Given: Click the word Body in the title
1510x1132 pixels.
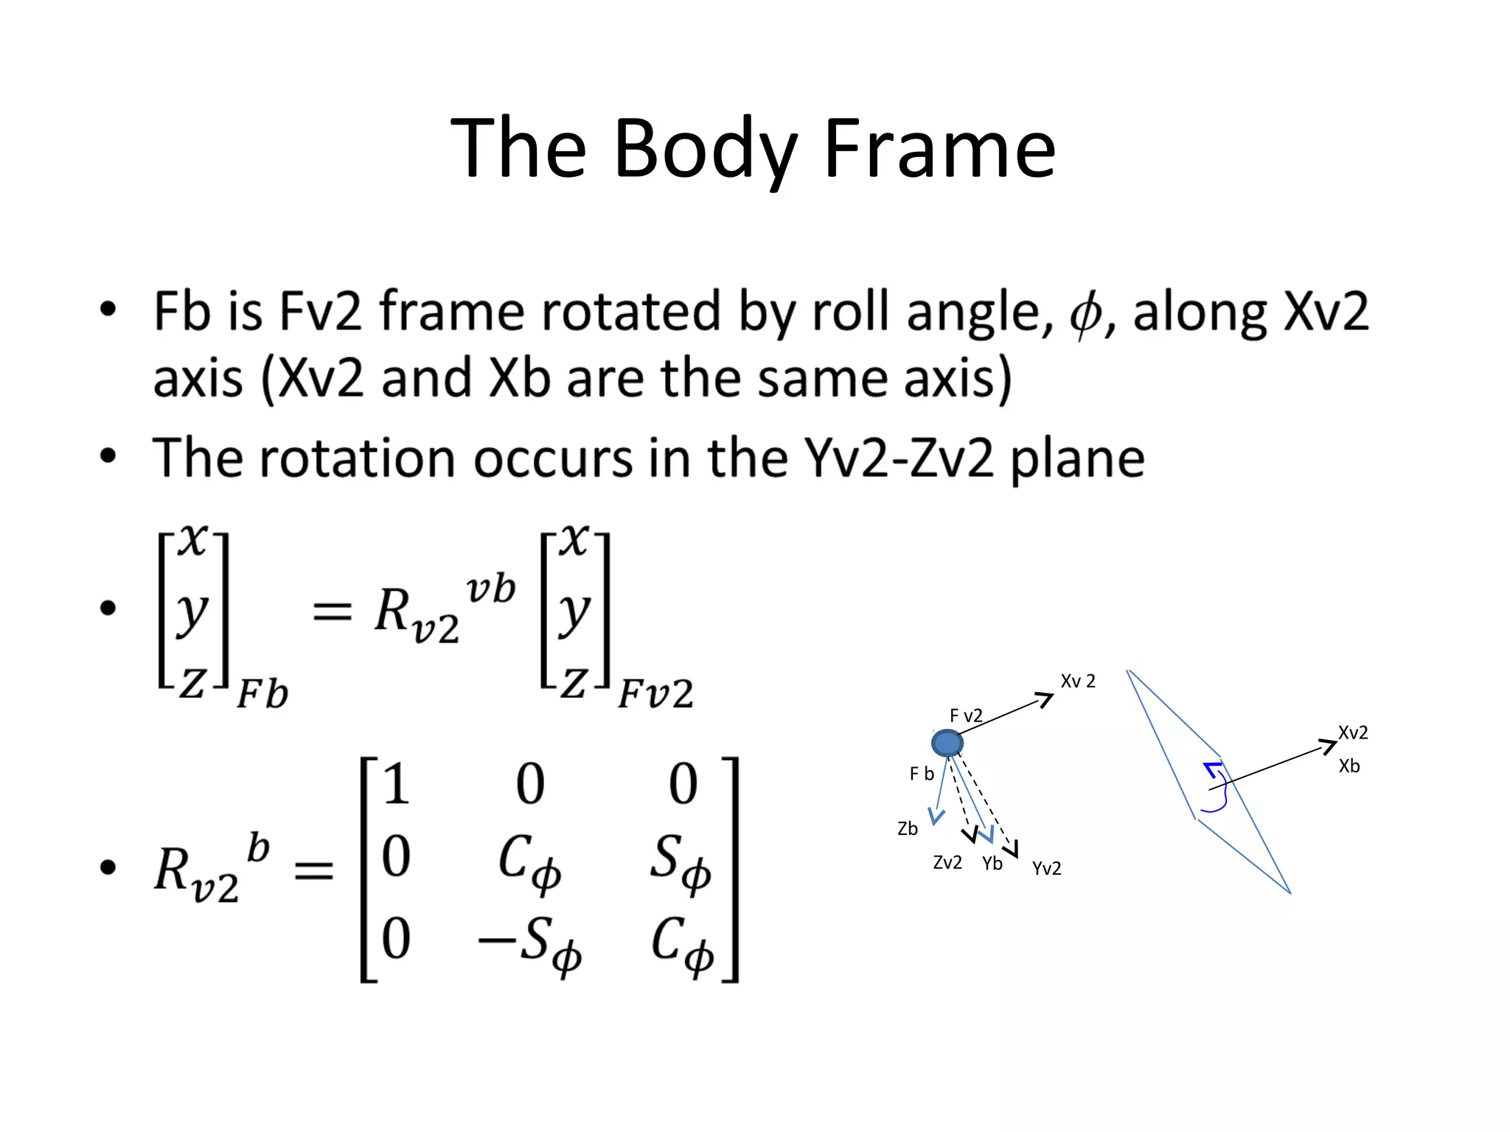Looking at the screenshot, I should [x=706, y=150].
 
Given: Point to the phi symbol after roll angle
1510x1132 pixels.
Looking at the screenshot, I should [x=1085, y=314].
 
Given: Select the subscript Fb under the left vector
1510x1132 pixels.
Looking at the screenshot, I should [x=262, y=694].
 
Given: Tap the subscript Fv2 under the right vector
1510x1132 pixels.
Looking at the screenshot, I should [x=655, y=694].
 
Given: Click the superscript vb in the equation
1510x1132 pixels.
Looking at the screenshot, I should [x=490, y=590].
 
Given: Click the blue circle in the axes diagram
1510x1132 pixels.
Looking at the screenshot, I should [x=947, y=743].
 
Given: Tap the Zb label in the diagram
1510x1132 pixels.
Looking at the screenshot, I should [x=908, y=829].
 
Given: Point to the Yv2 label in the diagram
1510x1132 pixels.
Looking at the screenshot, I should [x=1046, y=869].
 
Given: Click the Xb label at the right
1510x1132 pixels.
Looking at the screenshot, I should [x=1349, y=766].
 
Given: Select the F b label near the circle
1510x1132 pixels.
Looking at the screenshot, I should [x=922, y=774].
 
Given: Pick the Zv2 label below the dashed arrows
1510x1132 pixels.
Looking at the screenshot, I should [x=947, y=863].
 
